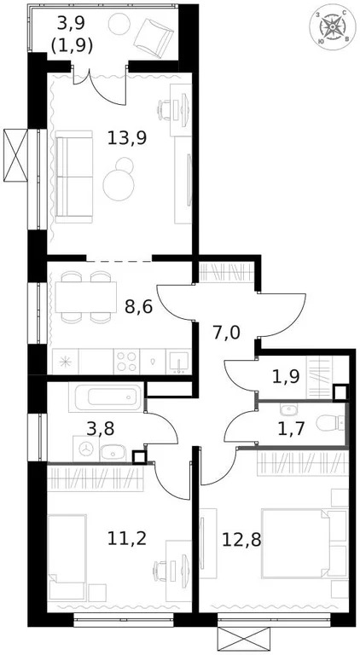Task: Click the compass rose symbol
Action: click(x=332, y=28)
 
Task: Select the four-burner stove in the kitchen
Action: click(x=127, y=361)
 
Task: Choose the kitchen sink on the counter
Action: click(x=178, y=362)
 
